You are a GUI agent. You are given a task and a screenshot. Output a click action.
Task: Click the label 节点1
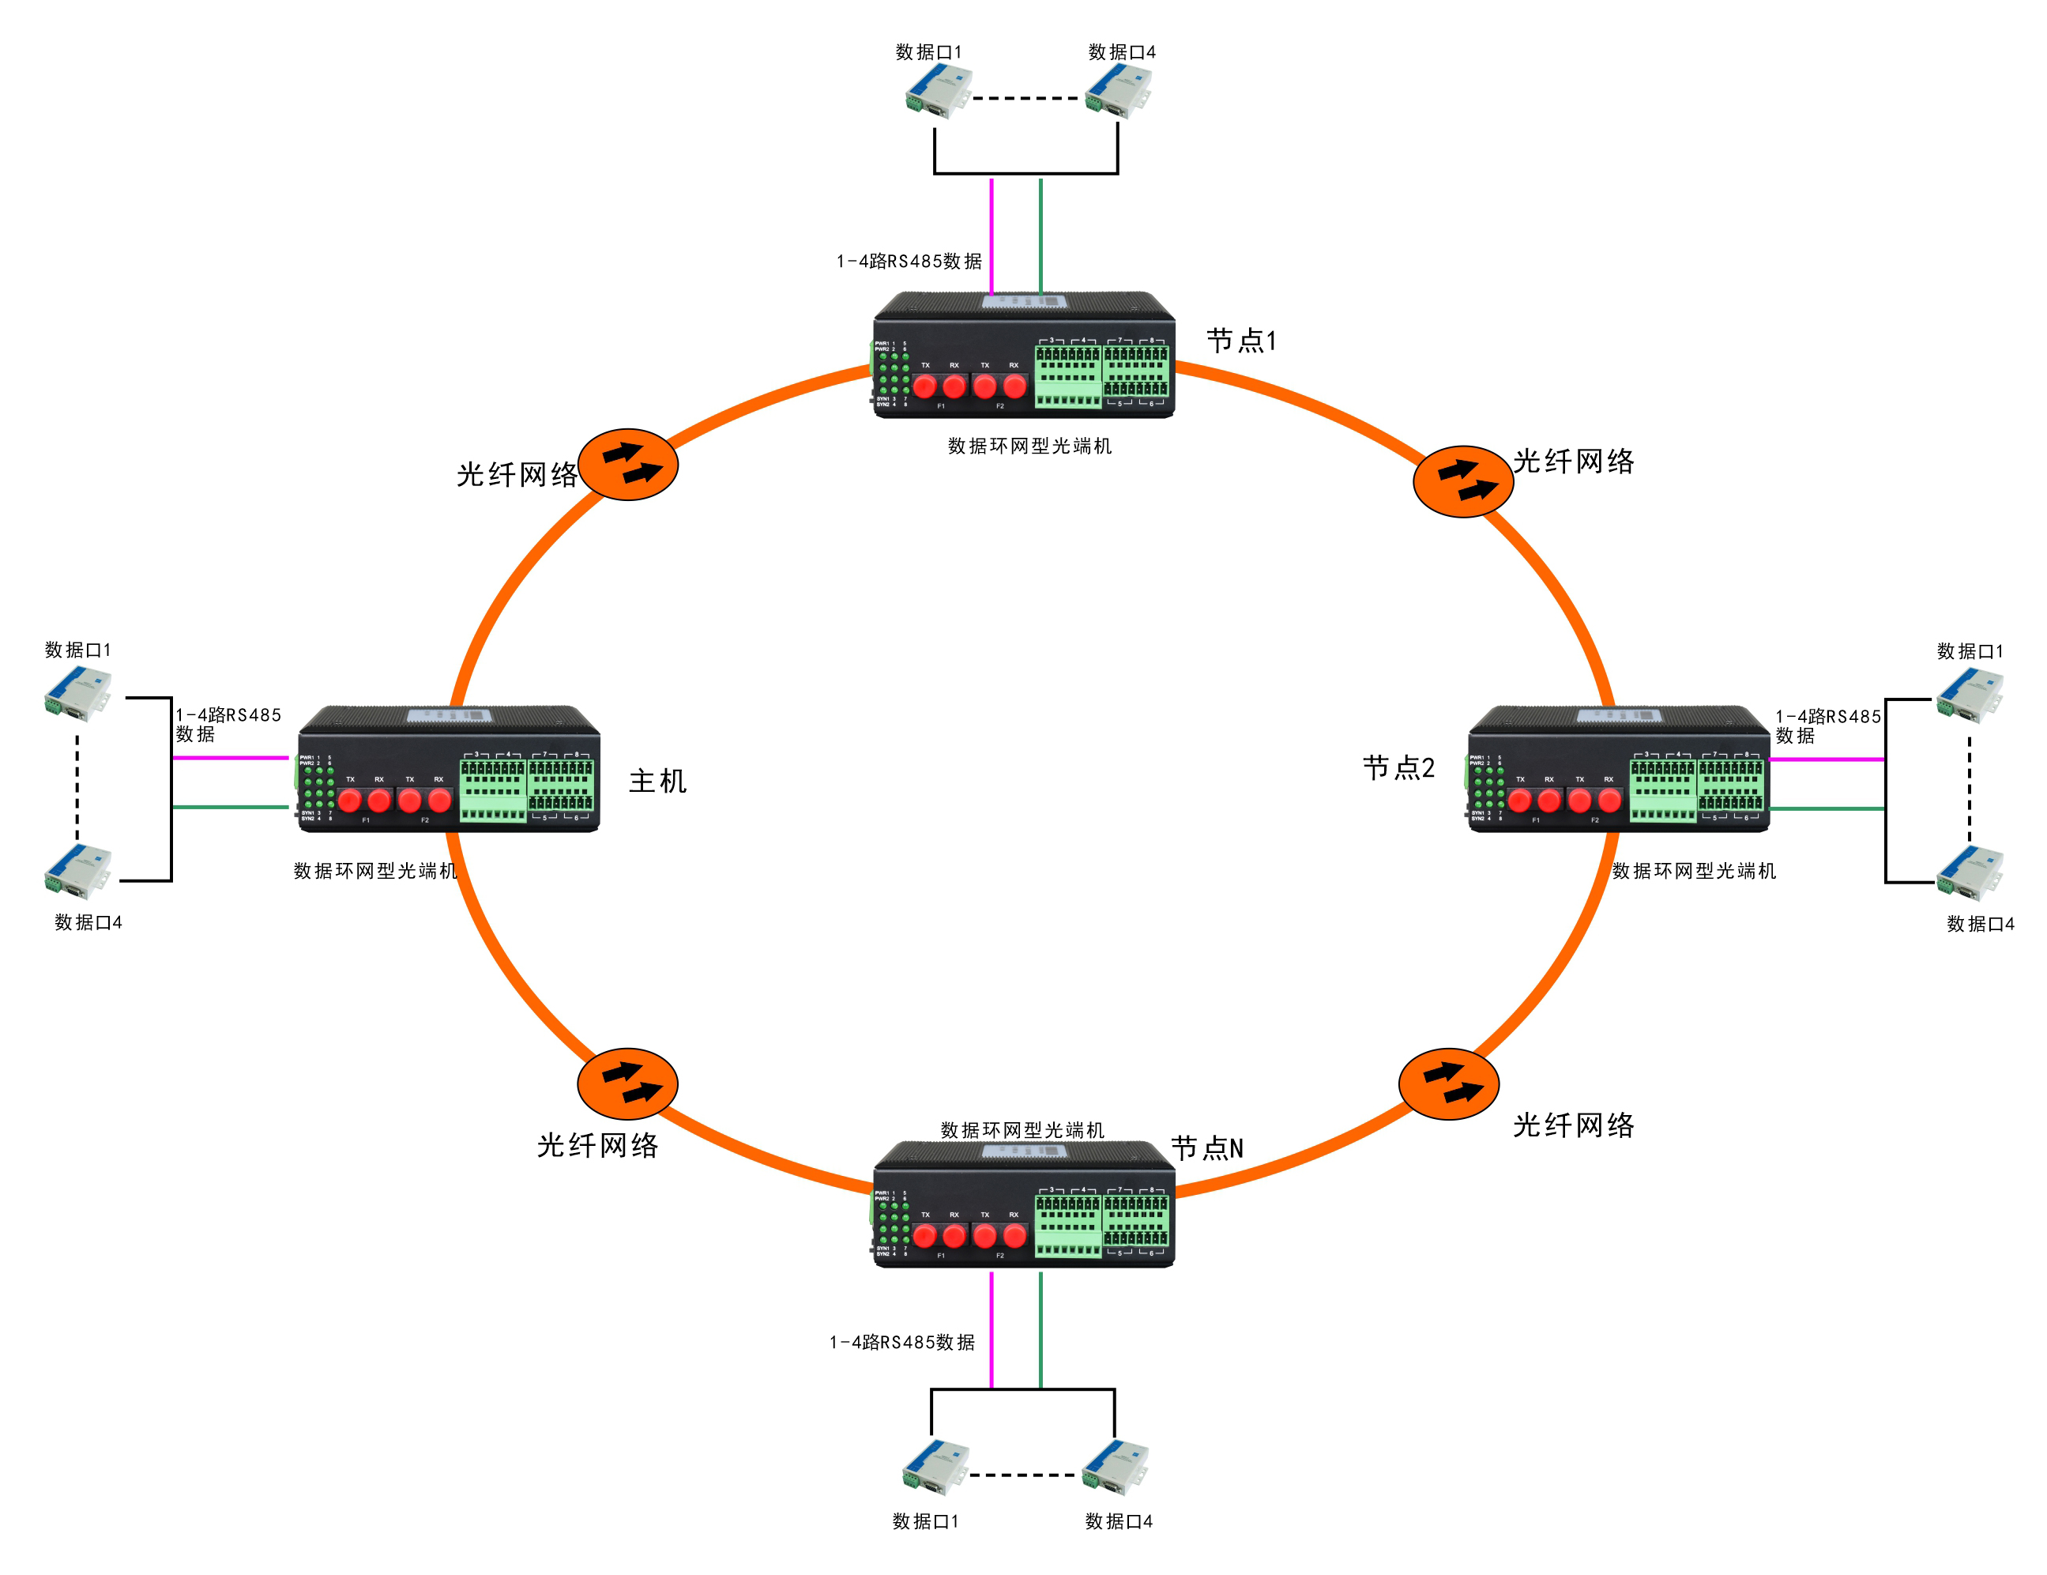(x=1241, y=341)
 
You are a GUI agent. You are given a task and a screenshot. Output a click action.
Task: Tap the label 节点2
(x=1398, y=768)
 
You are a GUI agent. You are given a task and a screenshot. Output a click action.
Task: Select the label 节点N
(x=1207, y=1147)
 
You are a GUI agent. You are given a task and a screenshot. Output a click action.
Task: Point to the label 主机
(x=657, y=781)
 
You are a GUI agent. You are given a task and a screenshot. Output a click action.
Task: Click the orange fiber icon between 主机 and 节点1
(x=628, y=465)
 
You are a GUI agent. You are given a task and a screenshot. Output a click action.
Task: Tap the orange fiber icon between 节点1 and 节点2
(x=1462, y=481)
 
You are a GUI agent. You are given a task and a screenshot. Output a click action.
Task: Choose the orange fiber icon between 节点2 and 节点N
(x=1448, y=1083)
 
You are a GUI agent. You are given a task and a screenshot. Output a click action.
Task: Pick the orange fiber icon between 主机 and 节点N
(x=627, y=1083)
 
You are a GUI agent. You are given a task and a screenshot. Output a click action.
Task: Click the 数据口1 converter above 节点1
(x=939, y=92)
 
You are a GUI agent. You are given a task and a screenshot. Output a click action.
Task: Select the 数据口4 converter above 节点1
(x=1117, y=92)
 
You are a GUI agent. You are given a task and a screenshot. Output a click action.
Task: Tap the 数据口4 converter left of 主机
(x=77, y=871)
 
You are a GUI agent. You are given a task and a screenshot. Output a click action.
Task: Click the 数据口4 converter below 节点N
(x=1115, y=1468)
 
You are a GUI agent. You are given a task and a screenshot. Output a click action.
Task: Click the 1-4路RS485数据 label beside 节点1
(x=909, y=262)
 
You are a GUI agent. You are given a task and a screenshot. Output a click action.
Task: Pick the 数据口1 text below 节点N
(x=925, y=1521)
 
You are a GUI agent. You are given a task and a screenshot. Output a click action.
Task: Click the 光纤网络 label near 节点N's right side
(x=1573, y=1125)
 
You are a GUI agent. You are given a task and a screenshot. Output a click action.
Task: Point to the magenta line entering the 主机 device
(x=231, y=758)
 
